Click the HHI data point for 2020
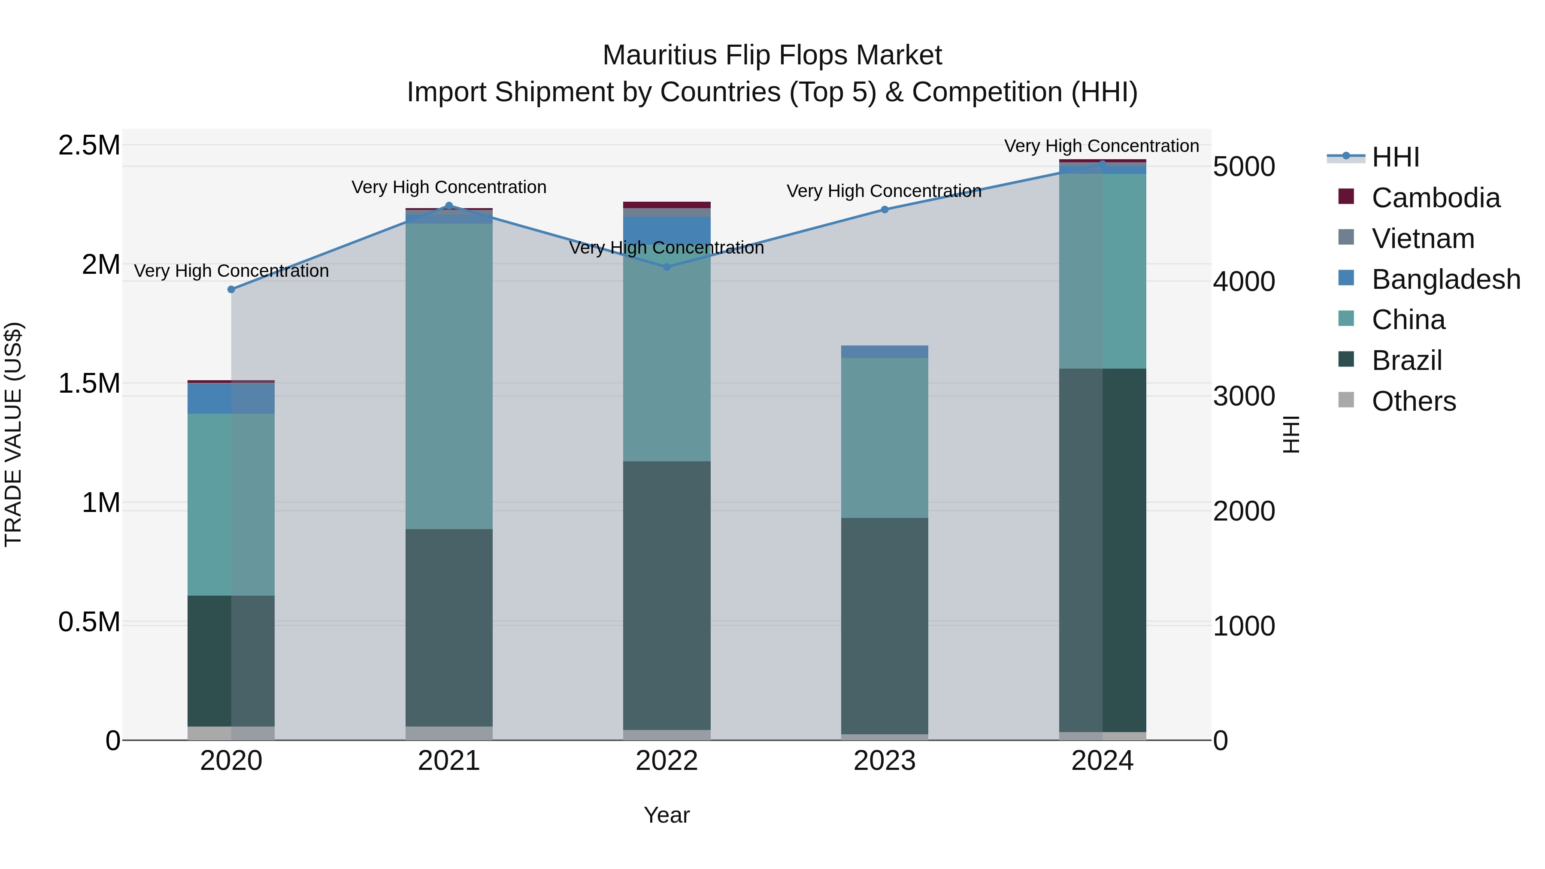pyautogui.click(x=231, y=290)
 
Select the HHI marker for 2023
pyautogui.click(x=885, y=210)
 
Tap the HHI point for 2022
pyautogui.click(x=667, y=267)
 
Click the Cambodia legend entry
pyautogui.click(x=1435, y=198)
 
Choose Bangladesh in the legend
pyautogui.click(x=1445, y=279)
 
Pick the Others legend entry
pyautogui.click(x=1413, y=401)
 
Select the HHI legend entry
pyautogui.click(x=1395, y=157)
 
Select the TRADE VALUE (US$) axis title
pyautogui.click(x=13, y=434)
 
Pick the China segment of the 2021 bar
pyautogui.click(x=448, y=376)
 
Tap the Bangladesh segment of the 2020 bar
pyautogui.click(x=231, y=398)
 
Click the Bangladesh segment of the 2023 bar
pyautogui.click(x=885, y=352)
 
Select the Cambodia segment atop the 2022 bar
pyautogui.click(x=667, y=205)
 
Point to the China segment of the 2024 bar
pyautogui.click(x=1103, y=271)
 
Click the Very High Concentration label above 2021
pyautogui.click(x=448, y=187)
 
